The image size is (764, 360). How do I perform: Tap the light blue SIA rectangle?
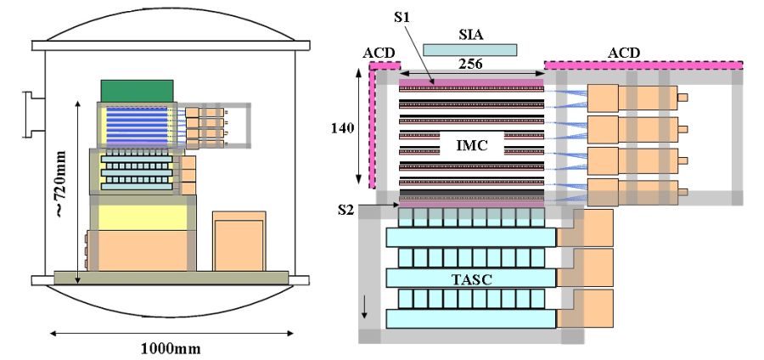(x=469, y=50)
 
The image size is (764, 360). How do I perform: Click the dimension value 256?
(x=472, y=63)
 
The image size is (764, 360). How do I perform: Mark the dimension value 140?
(x=343, y=130)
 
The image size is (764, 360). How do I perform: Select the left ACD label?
(x=379, y=53)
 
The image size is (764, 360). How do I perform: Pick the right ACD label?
(x=625, y=53)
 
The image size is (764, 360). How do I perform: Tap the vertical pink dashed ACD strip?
(x=372, y=127)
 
